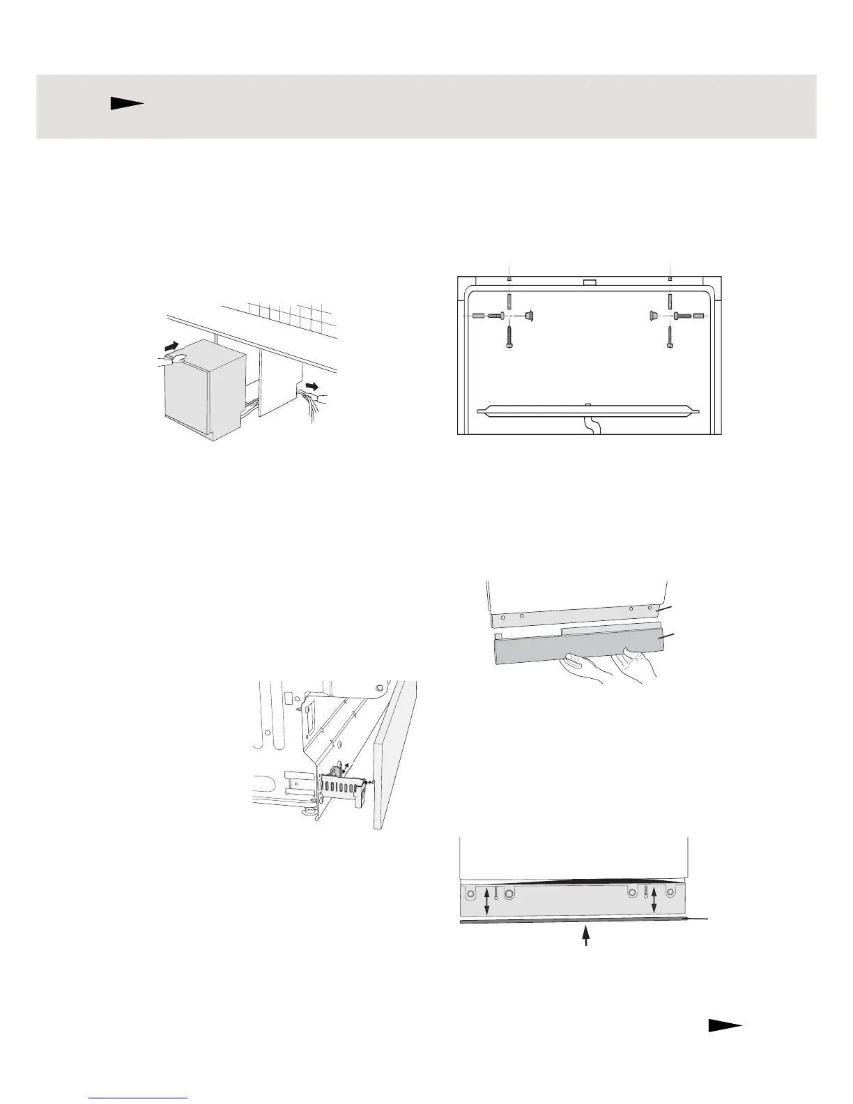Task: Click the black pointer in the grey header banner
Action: coord(126,104)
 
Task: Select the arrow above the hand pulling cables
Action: coord(315,385)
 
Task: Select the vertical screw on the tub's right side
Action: coord(670,337)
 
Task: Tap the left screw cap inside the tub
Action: coord(528,315)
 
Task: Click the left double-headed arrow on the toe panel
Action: coord(487,904)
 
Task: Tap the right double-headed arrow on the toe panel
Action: coord(654,903)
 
